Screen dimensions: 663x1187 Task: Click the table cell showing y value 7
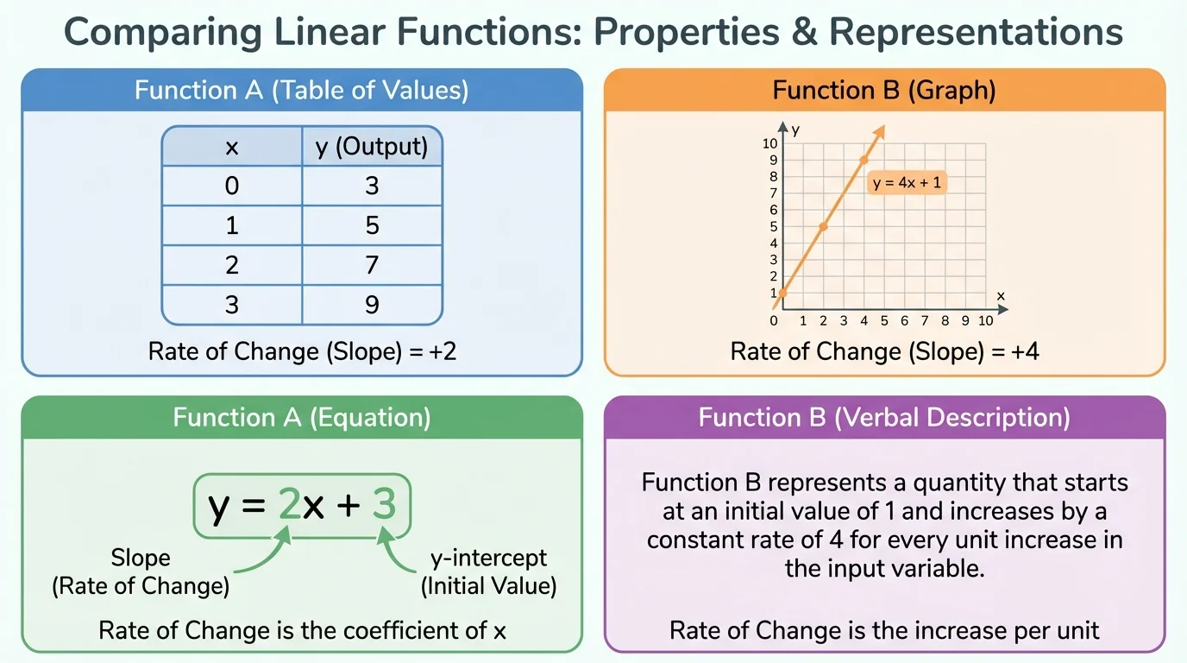(372, 264)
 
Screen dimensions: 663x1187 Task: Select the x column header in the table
(231, 147)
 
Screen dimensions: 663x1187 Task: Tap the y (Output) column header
(372, 147)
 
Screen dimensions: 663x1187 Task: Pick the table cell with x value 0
(231, 186)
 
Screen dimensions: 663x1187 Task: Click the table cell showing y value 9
(372, 304)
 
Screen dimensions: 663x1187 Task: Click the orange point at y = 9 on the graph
(864, 160)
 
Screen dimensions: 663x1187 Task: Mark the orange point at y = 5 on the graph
(823, 226)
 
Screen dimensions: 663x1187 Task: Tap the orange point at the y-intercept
(782, 293)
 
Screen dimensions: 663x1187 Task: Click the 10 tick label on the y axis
(770, 143)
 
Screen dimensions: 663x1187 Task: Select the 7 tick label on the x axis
(925, 321)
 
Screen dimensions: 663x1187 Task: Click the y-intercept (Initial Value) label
(488, 572)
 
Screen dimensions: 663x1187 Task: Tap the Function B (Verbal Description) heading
(884, 418)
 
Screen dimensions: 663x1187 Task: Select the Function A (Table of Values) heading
(301, 91)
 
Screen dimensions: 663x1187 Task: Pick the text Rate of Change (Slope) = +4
(884, 351)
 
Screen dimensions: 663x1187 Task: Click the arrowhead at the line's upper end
(881, 131)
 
